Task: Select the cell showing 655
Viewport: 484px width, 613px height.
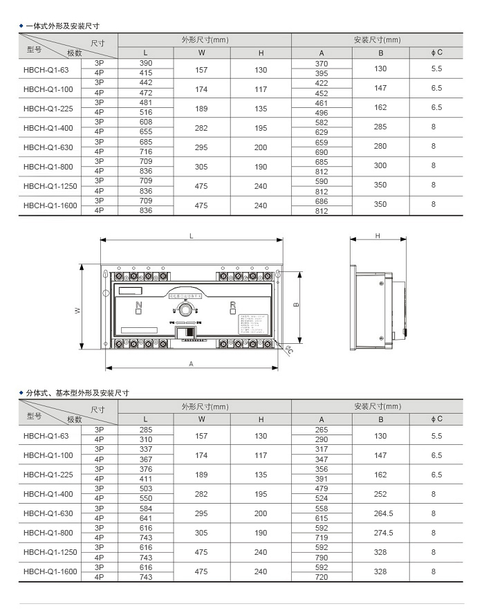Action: click(146, 131)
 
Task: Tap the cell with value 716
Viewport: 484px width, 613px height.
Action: click(146, 151)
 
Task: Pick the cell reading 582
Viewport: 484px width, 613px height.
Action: click(322, 122)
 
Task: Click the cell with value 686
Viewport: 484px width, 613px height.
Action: click(322, 201)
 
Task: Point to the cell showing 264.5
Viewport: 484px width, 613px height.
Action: click(380, 513)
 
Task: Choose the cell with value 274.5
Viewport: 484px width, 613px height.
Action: click(380, 533)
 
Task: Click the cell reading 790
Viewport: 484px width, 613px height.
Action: click(322, 557)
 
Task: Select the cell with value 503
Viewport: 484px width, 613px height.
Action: click(146, 489)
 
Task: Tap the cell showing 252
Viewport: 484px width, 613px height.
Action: click(380, 494)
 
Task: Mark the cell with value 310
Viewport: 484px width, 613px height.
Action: click(146, 439)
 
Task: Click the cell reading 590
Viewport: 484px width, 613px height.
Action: click(322, 181)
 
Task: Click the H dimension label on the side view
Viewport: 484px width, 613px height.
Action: click(378, 236)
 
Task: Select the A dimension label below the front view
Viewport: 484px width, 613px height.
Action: click(191, 363)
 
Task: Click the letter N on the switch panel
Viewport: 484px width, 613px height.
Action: click(138, 304)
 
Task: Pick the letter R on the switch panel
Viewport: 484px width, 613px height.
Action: click(233, 304)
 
